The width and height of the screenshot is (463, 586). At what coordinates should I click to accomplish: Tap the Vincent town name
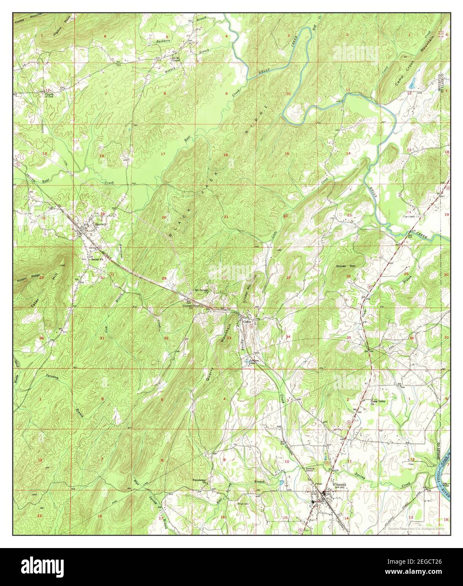339,485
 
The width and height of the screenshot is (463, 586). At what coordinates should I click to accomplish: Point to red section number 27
288,278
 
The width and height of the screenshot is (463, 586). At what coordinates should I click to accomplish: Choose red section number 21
226,217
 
